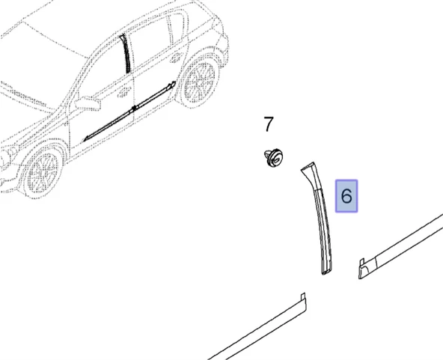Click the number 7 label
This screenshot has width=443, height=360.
pyautogui.click(x=269, y=124)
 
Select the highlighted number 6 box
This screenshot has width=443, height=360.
pyautogui.click(x=346, y=196)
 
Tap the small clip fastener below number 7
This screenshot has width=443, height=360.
pyautogui.click(x=273, y=158)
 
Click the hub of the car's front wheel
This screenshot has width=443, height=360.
pyautogui.click(x=43, y=171)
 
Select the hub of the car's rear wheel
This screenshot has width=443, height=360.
pyautogui.click(x=200, y=82)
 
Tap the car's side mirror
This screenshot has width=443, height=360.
pyautogui.click(x=88, y=103)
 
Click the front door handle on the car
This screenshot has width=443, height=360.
pyautogui.click(x=123, y=92)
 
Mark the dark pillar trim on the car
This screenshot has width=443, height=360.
pyautogui.click(x=126, y=54)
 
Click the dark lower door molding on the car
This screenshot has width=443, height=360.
pyautogui.click(x=129, y=111)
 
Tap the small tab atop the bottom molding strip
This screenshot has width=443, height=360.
pyautogui.click(x=302, y=296)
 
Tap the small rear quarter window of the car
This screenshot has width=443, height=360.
pyautogui.click(x=179, y=28)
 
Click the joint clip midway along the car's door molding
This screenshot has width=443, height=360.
pyautogui.click(x=135, y=108)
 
